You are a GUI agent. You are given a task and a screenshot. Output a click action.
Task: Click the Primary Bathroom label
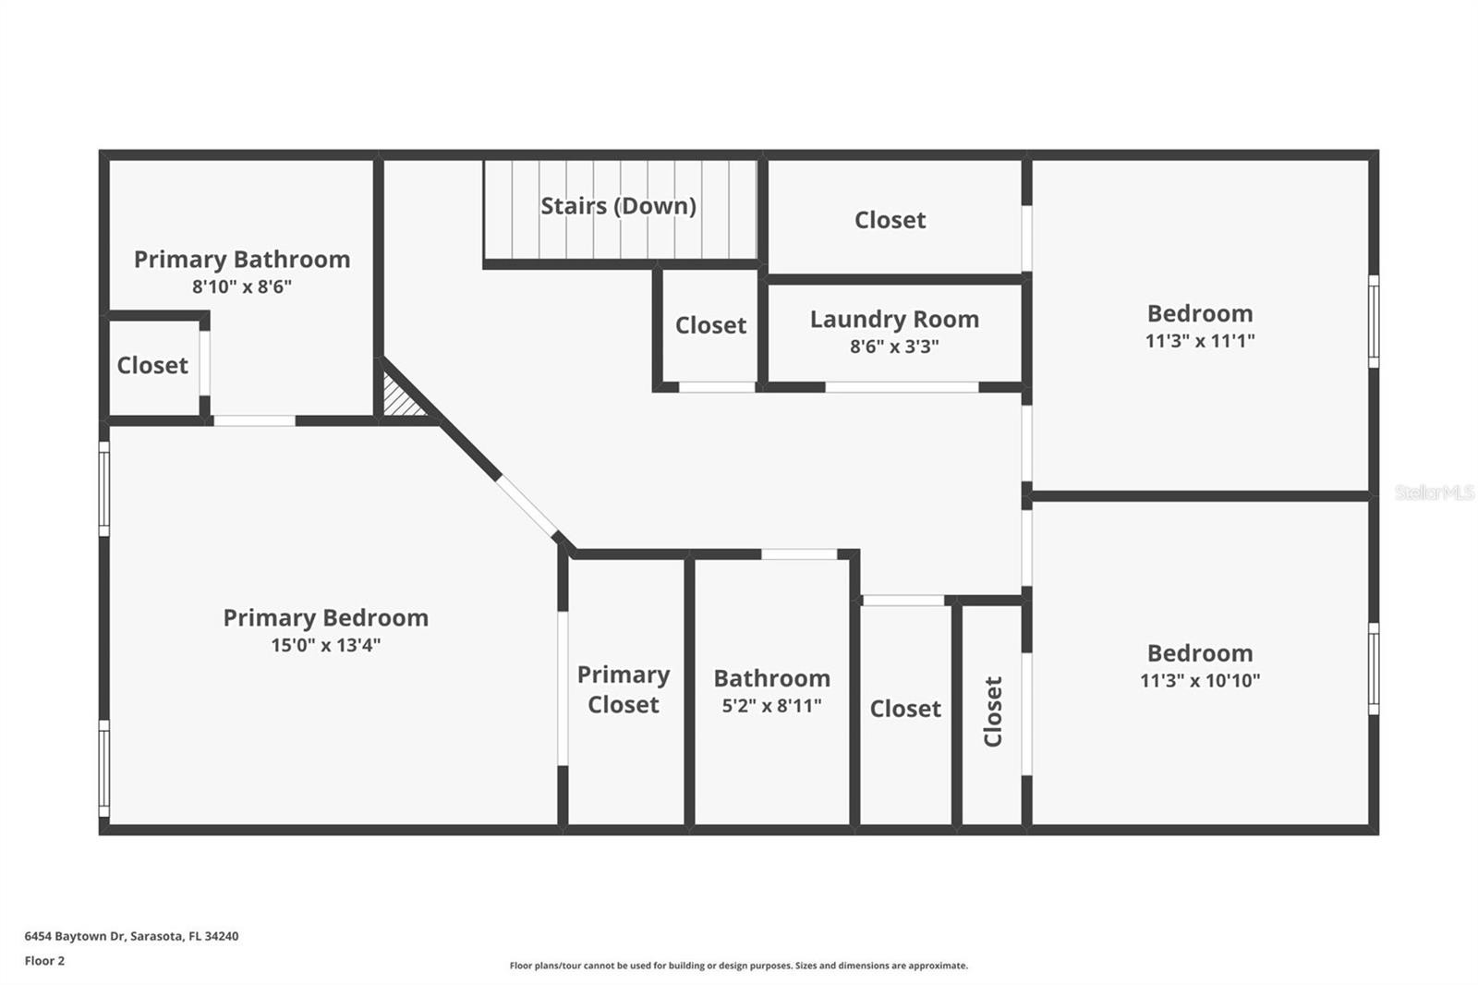(x=242, y=260)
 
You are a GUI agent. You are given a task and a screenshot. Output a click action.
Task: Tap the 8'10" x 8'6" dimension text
(x=242, y=287)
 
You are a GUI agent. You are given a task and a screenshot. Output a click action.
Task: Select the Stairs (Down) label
(x=618, y=206)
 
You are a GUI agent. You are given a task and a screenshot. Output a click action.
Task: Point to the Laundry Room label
(x=894, y=320)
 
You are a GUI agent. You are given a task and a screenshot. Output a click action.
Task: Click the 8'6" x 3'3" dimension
(x=894, y=347)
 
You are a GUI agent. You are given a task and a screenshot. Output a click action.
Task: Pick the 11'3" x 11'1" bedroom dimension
(x=1200, y=341)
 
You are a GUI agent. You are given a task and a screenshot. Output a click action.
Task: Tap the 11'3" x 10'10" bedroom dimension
(x=1200, y=681)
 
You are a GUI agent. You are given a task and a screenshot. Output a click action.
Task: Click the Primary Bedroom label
(x=325, y=618)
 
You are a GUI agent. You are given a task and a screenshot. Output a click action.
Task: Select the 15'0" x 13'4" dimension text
(x=325, y=645)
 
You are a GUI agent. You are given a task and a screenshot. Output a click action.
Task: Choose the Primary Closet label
(x=624, y=689)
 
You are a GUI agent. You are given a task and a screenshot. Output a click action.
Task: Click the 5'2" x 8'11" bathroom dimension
(x=771, y=706)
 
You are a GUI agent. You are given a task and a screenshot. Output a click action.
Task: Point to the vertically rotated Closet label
(x=993, y=711)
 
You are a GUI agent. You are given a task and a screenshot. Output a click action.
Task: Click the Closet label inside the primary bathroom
(x=152, y=366)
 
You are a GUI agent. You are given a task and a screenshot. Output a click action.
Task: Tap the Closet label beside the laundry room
(x=710, y=325)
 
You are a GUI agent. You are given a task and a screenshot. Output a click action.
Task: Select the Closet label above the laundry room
(x=890, y=220)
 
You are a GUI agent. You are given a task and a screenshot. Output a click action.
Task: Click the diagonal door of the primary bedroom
(x=528, y=505)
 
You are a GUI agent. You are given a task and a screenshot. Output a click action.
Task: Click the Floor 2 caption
(x=44, y=961)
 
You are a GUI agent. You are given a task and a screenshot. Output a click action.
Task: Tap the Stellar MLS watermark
(x=1434, y=492)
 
